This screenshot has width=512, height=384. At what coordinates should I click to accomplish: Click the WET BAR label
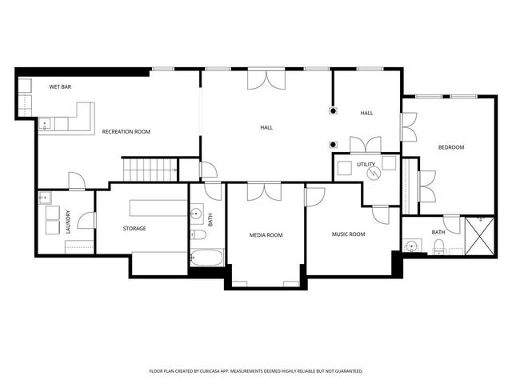(x=61, y=86)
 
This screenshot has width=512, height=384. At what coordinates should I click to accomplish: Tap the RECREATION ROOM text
(x=126, y=131)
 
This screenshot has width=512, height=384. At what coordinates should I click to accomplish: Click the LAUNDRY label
(x=68, y=222)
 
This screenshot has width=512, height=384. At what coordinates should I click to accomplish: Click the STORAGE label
(x=134, y=229)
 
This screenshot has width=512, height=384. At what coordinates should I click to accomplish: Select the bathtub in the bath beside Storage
(x=207, y=258)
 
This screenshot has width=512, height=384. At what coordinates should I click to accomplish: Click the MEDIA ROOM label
(x=266, y=235)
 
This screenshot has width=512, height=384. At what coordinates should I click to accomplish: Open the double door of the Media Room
(x=264, y=191)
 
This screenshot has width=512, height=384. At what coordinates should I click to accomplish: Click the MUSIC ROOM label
(x=348, y=234)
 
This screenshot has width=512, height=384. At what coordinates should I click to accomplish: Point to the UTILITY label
(x=366, y=164)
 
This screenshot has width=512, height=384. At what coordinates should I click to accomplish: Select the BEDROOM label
(x=450, y=147)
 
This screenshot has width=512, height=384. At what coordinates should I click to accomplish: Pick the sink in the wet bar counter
(x=45, y=124)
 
